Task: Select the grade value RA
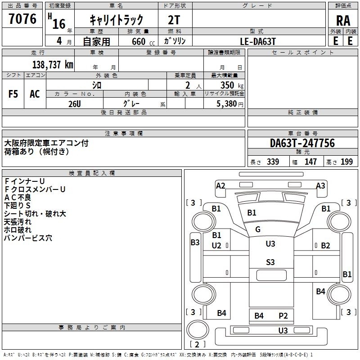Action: point(343,21)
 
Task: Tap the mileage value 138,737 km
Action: point(53,64)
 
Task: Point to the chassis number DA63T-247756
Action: point(302,144)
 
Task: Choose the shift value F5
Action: point(13,94)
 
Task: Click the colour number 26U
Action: point(74,103)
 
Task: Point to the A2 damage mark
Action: point(220,186)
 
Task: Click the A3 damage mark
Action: point(320,186)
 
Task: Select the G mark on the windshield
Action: point(258,229)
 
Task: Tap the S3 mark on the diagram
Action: point(270,262)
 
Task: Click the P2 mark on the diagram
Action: point(283,316)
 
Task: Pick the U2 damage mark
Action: point(216,246)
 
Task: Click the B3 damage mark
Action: point(195,243)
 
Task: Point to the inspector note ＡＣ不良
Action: point(18,197)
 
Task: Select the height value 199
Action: point(347,162)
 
